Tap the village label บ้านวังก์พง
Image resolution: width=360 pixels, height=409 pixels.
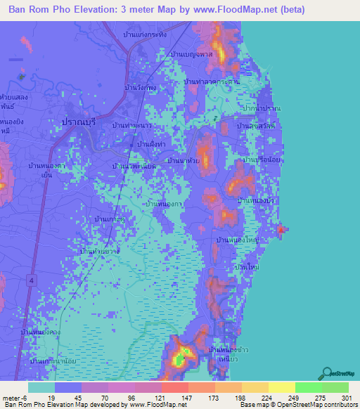coord(139,88)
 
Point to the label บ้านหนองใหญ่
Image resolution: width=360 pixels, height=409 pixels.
coord(238,240)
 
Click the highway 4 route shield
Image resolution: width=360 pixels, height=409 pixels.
coord(32,280)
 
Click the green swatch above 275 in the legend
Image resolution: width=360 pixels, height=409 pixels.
coord(308,387)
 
